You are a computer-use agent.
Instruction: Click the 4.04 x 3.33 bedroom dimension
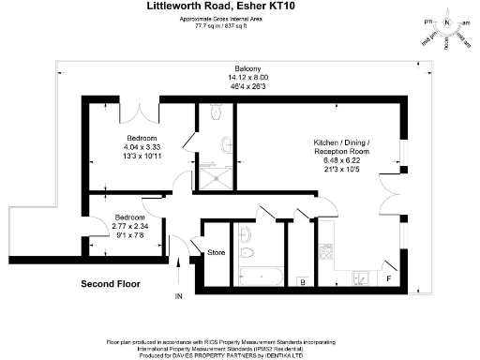142,147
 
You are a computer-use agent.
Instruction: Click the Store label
216,252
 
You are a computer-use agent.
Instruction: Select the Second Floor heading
109,282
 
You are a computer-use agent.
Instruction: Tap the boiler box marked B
302,281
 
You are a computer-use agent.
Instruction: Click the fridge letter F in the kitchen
389,278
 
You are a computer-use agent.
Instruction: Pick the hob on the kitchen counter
326,251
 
